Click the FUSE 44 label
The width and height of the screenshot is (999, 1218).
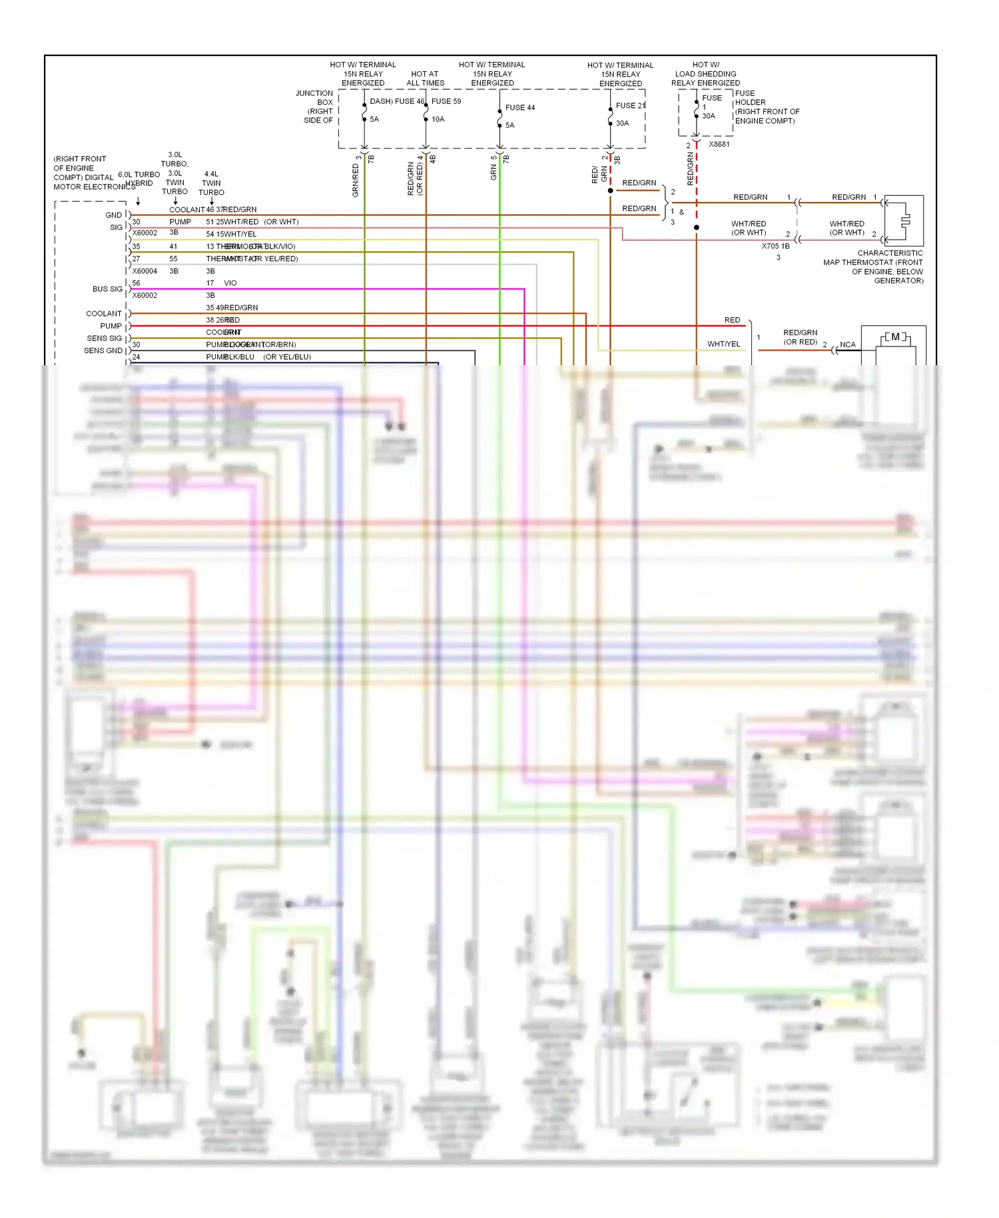519,107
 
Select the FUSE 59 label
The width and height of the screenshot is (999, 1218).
446,101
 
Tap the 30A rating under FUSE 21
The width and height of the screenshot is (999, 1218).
622,123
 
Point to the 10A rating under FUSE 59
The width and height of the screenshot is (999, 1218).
438,119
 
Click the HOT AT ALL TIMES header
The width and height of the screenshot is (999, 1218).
425,79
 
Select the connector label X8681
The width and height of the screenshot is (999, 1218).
719,144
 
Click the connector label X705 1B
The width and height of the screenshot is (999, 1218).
775,246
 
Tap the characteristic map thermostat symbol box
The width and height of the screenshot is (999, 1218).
903,221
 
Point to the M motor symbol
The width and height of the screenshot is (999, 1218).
895,337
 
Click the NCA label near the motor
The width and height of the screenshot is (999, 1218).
847,344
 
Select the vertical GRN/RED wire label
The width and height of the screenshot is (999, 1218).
356,180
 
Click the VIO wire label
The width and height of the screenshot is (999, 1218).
230,283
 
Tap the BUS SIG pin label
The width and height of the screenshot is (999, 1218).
107,289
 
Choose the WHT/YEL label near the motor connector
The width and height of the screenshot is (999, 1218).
723,344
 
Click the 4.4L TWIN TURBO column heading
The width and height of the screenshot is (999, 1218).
211,183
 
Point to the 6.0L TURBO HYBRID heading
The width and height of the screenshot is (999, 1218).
139,179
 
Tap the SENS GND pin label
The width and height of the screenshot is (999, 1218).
103,350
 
